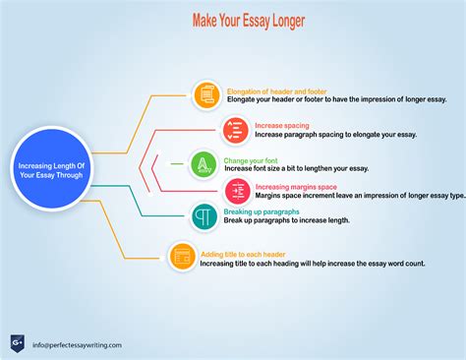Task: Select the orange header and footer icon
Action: [206, 94]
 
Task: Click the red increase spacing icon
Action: [234, 129]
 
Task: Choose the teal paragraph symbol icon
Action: [204, 215]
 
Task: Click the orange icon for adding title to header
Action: [181, 256]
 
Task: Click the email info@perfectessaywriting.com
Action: [76, 345]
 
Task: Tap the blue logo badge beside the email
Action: [16, 343]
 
